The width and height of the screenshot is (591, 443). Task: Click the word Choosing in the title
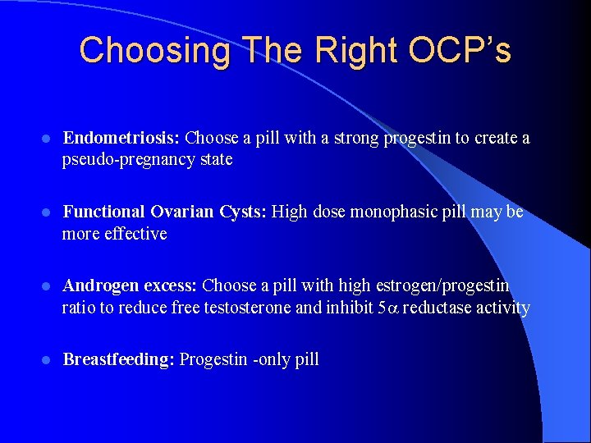tap(155, 51)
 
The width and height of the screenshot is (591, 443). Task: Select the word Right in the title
tap(355, 51)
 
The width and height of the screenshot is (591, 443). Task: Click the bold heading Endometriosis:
tap(123, 138)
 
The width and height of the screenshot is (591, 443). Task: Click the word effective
tap(135, 234)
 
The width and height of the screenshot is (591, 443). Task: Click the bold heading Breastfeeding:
tap(119, 359)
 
